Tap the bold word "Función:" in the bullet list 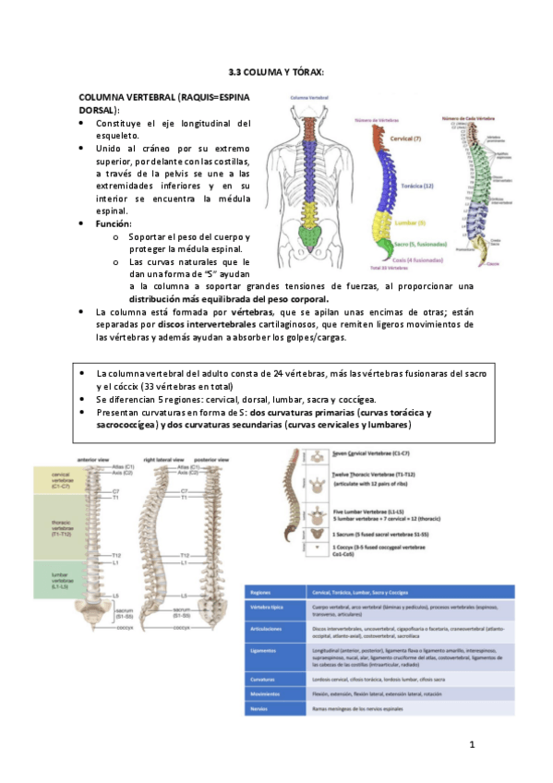[x=114, y=224]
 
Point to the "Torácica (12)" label [x=417, y=186]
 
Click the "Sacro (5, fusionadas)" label [x=421, y=245]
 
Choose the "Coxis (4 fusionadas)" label [x=414, y=260]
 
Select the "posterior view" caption [x=214, y=458]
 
